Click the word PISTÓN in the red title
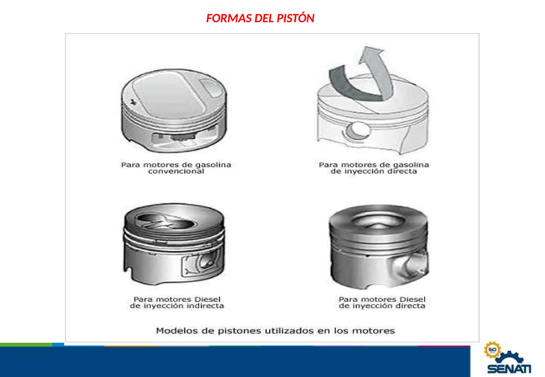[295, 18]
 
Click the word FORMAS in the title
[229, 18]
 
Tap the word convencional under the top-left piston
[176, 171]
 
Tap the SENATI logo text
[509, 369]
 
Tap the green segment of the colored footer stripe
[26, 345]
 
